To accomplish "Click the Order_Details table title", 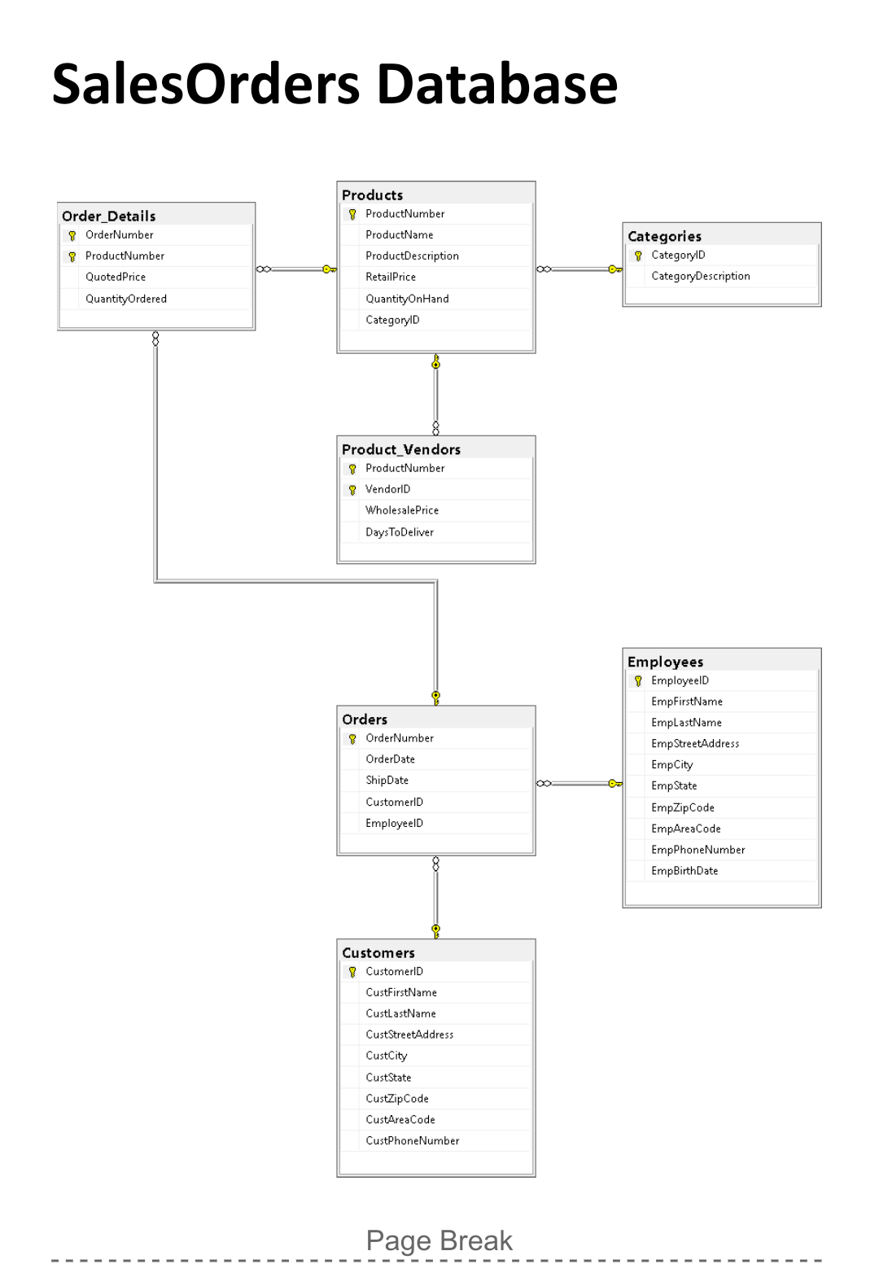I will (109, 216).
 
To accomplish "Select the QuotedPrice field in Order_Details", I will (116, 277).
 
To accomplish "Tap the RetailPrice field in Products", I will (391, 277).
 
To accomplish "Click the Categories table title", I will (664, 236).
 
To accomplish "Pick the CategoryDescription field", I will (701, 276).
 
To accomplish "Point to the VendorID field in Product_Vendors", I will (388, 489).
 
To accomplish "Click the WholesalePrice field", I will (402, 510).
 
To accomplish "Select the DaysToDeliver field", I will (400, 532).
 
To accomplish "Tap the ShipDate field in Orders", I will (387, 780).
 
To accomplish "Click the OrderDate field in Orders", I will (391, 759).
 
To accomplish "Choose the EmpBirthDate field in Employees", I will (684, 871).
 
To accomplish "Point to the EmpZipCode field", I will (683, 807).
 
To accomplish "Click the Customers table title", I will (378, 952).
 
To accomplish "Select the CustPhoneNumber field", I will (413, 1140).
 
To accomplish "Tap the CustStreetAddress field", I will (409, 1034).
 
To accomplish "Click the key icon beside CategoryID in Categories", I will (638, 256).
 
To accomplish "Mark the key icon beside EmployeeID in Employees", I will (638, 681).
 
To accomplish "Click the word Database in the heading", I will (497, 84).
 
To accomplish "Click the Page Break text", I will (439, 1240).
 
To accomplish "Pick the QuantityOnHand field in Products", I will (407, 299).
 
